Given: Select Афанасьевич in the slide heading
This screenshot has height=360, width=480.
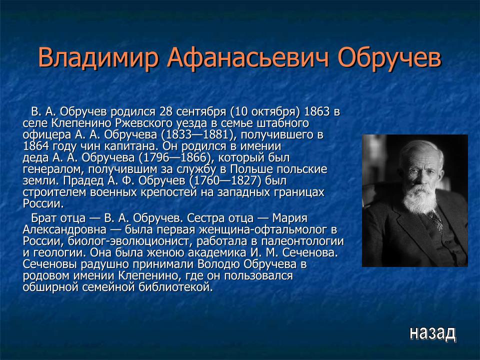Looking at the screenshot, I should (249, 58).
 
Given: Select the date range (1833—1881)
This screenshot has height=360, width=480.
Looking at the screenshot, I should (192, 134).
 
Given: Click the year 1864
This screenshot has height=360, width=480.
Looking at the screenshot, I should (36, 146).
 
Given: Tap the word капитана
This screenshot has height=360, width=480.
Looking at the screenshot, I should (126, 146).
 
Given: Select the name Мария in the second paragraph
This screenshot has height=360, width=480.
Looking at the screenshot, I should (289, 218).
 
